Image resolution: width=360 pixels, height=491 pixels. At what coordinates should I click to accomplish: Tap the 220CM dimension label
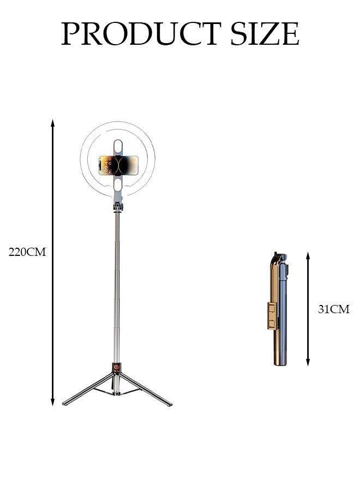(x=27, y=252)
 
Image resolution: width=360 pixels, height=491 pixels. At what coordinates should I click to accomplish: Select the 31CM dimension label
(x=333, y=310)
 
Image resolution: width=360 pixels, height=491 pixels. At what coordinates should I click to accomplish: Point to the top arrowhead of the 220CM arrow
(x=53, y=122)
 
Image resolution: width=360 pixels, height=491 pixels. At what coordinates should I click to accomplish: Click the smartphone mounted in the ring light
(x=118, y=166)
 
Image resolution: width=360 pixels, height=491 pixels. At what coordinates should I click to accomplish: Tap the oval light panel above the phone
(x=118, y=146)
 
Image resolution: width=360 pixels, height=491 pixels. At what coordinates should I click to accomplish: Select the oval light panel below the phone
(x=118, y=187)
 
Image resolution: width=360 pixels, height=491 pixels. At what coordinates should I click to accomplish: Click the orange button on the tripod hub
(x=116, y=368)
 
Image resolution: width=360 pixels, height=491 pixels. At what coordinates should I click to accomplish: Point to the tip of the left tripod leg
(x=64, y=404)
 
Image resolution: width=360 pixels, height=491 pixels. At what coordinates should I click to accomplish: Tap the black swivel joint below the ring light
(x=117, y=207)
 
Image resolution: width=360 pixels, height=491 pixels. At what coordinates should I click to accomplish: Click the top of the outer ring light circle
(x=118, y=122)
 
